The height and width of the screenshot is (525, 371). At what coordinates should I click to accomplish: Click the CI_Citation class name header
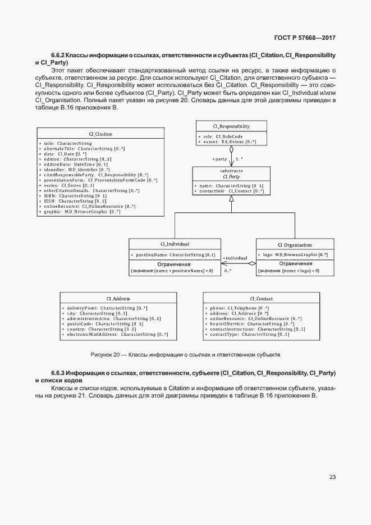pos(100,134)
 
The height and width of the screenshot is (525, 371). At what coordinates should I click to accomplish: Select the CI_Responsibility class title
pos(231,126)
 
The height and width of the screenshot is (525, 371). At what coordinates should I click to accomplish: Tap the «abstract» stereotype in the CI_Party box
pos(231,171)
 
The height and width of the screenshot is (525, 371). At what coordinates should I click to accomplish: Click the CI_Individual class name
pos(175,244)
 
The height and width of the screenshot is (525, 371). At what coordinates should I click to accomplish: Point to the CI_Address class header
pos(118,299)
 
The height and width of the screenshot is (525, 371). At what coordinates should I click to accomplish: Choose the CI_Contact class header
pos(261,299)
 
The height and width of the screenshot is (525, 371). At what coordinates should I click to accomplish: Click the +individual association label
pos(235,258)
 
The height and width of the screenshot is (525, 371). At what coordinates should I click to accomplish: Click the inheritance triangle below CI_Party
pos(231,208)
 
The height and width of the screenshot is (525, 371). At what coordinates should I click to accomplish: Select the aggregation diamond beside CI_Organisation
pos(252,263)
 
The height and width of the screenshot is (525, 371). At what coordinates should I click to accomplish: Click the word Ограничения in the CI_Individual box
pos(174,264)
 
